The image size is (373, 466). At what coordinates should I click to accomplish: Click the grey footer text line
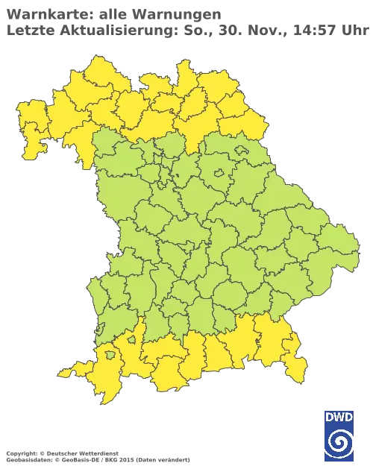click(97, 452)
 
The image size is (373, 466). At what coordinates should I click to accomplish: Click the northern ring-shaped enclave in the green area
click(221, 173)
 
